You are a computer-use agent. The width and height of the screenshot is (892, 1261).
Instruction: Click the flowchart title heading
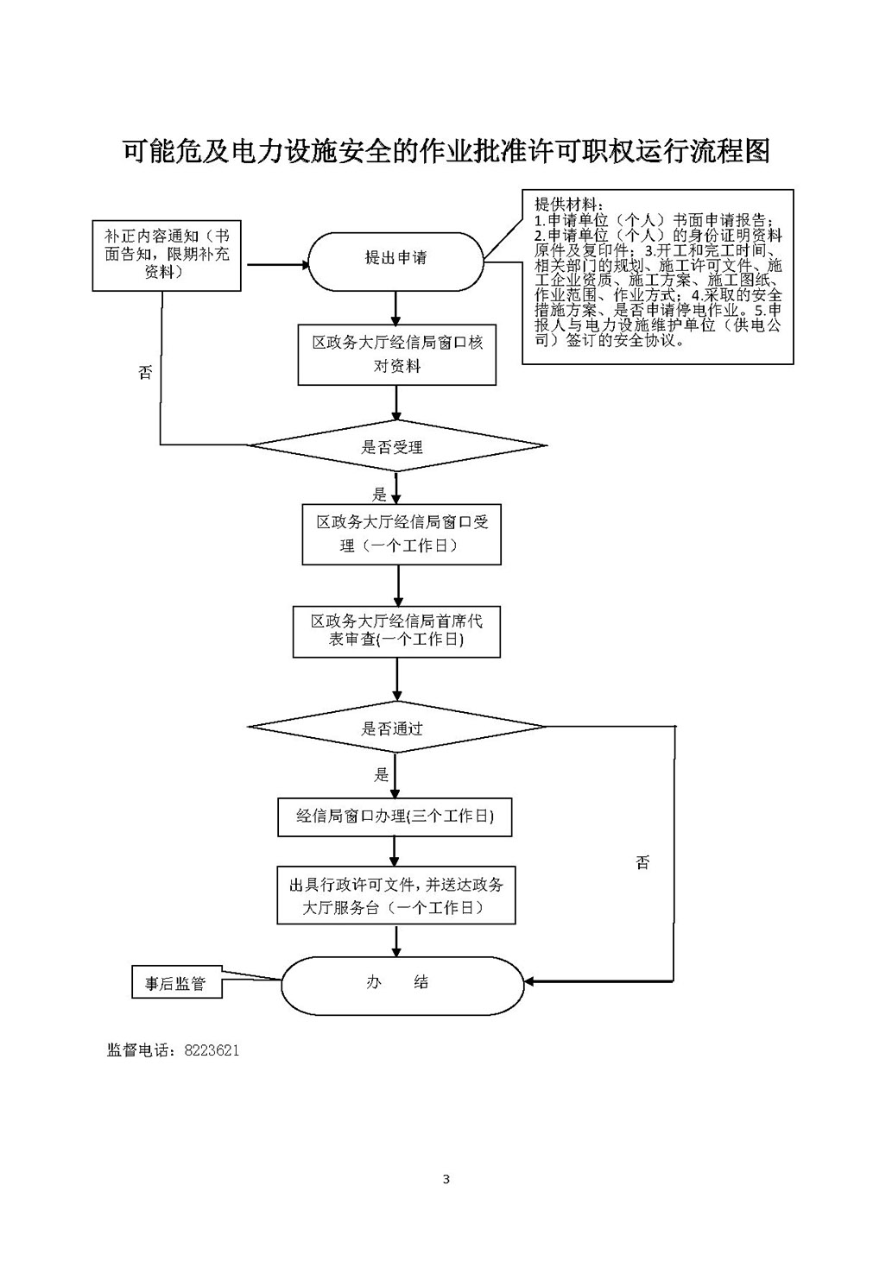(446, 152)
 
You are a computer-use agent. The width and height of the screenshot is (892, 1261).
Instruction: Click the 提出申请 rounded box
(395, 259)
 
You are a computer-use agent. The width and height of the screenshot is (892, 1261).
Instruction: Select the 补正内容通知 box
(167, 255)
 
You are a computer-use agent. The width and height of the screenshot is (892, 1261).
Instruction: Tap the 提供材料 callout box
(657, 277)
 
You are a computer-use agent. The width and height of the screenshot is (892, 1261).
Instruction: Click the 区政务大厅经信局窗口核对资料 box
(397, 354)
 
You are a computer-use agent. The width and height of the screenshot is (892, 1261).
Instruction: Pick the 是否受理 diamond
(396, 447)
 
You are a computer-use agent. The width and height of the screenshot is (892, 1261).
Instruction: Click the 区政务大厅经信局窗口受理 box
(402, 534)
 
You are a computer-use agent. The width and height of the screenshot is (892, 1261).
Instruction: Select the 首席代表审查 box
(396, 631)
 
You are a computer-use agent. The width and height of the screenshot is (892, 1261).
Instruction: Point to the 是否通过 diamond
(396, 728)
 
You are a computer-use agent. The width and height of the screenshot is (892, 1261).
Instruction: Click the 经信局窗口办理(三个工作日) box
(395, 816)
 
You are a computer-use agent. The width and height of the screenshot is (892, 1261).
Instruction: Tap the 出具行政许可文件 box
(395, 896)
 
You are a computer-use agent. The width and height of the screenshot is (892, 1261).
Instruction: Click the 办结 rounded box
(402, 983)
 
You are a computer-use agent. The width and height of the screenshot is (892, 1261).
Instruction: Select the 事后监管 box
(176, 983)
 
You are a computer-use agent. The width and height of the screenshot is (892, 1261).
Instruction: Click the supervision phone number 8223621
(212, 1050)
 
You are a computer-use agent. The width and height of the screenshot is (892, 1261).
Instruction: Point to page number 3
(446, 1179)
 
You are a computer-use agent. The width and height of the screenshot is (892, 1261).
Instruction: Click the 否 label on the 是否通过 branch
(642, 862)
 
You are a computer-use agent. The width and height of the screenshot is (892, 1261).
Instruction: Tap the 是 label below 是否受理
(380, 495)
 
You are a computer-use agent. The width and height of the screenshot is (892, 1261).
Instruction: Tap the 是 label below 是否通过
(381, 775)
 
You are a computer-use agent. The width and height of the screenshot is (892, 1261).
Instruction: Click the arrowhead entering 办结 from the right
(530, 981)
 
